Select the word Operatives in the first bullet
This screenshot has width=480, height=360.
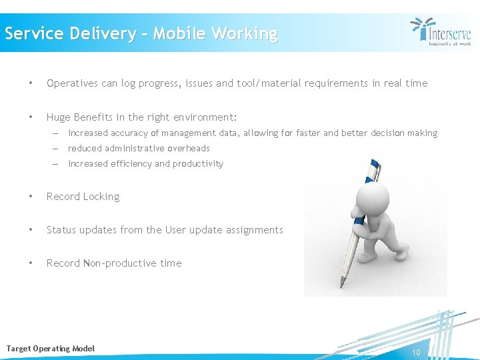click(x=73, y=83)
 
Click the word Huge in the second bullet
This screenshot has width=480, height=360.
click(x=58, y=117)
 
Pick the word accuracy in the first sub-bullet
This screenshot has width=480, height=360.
click(x=129, y=133)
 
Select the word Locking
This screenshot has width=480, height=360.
click(x=101, y=197)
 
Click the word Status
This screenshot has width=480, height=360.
click(x=61, y=230)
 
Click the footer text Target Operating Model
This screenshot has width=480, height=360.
click(x=51, y=349)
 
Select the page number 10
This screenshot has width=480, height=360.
click(x=416, y=352)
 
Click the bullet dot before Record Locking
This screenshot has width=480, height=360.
click(x=31, y=197)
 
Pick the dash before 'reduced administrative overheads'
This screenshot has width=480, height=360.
click(x=57, y=149)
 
